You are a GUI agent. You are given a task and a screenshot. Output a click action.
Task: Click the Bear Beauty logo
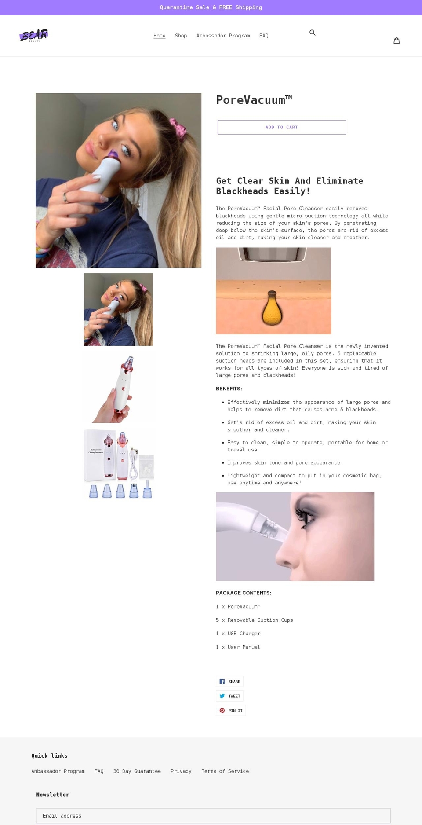point(34,35)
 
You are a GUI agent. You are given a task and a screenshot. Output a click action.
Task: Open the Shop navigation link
point(181,36)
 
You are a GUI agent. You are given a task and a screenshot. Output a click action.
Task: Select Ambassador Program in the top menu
point(223,36)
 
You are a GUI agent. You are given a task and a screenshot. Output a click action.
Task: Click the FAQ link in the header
point(264,36)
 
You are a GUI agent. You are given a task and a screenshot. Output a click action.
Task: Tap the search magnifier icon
point(313,33)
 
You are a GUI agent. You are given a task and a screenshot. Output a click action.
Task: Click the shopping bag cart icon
point(397,40)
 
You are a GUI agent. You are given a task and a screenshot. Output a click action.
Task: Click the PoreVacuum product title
point(254,100)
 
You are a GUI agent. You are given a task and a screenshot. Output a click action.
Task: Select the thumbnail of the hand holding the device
point(118,387)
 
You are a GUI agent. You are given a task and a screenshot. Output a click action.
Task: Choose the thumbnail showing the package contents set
point(118,464)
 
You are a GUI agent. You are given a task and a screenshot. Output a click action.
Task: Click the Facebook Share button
point(229,682)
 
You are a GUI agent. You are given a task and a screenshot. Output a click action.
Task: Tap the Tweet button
point(229,696)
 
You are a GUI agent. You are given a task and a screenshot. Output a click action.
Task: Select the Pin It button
point(231,711)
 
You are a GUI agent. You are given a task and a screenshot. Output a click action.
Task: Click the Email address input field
point(213,815)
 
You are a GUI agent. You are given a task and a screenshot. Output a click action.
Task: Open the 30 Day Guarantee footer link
point(137,771)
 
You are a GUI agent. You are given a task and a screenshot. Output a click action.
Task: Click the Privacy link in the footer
point(181,771)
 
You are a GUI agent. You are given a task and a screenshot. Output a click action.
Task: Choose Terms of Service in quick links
point(225,771)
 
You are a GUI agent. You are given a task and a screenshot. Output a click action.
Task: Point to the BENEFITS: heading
point(229,389)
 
